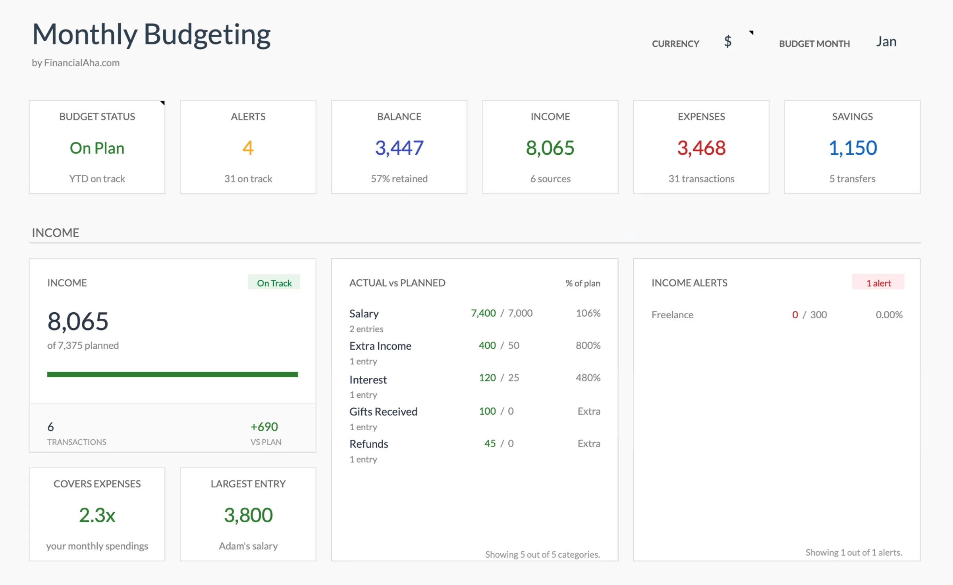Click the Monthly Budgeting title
click(x=151, y=35)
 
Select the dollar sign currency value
click(x=727, y=41)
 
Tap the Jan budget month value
click(x=886, y=42)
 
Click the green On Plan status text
click(x=97, y=148)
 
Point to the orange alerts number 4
click(x=248, y=148)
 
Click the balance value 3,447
click(x=399, y=148)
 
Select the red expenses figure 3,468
click(x=701, y=148)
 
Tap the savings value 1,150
click(x=853, y=148)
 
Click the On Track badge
click(x=274, y=283)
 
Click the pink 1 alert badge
click(x=878, y=283)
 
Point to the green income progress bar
click(x=172, y=374)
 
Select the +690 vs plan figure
click(x=264, y=427)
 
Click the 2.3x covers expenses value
click(x=97, y=515)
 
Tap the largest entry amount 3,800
click(x=248, y=515)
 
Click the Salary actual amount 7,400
click(x=483, y=313)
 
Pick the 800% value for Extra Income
click(x=588, y=345)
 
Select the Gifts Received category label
click(x=383, y=412)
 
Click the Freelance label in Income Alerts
click(x=672, y=315)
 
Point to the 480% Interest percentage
click(x=588, y=377)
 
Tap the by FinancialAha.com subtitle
click(x=75, y=63)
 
